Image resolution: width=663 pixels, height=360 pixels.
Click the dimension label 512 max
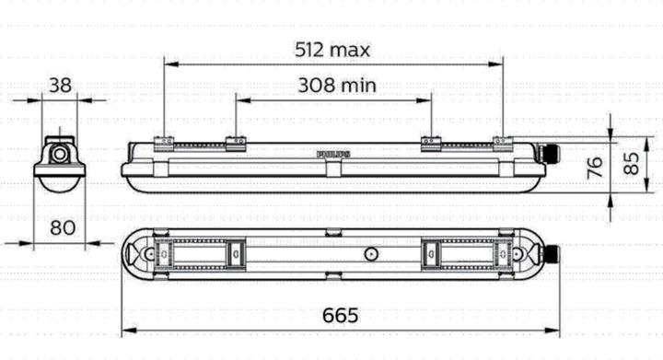point(333,49)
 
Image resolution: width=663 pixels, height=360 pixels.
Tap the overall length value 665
point(341,316)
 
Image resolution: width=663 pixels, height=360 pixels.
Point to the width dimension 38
point(60,86)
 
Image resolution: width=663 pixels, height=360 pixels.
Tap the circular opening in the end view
point(60,153)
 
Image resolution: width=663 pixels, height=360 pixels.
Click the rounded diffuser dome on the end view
point(60,183)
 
